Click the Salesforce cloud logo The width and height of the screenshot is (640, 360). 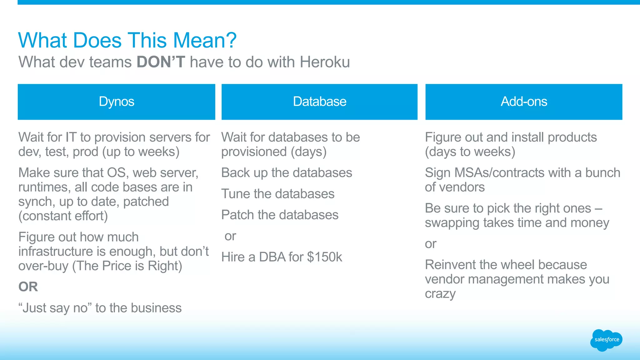(x=606, y=340)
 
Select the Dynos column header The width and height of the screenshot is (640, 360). (x=116, y=102)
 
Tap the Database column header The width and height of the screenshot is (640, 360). (x=319, y=102)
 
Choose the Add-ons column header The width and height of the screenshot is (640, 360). (x=524, y=102)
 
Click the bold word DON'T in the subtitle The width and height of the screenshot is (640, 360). (x=161, y=62)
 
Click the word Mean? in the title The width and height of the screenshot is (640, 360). (x=205, y=40)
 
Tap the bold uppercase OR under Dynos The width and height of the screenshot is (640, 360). (x=28, y=287)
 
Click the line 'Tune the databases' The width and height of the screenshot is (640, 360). (x=278, y=194)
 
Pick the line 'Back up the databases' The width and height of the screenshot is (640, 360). (x=287, y=173)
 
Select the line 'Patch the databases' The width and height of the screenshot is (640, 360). (x=280, y=215)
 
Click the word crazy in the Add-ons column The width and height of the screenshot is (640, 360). (x=440, y=294)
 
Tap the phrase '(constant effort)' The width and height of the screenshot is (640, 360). (x=63, y=216)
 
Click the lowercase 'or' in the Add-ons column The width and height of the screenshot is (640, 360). (x=430, y=244)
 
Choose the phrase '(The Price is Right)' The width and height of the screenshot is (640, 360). (x=127, y=266)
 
